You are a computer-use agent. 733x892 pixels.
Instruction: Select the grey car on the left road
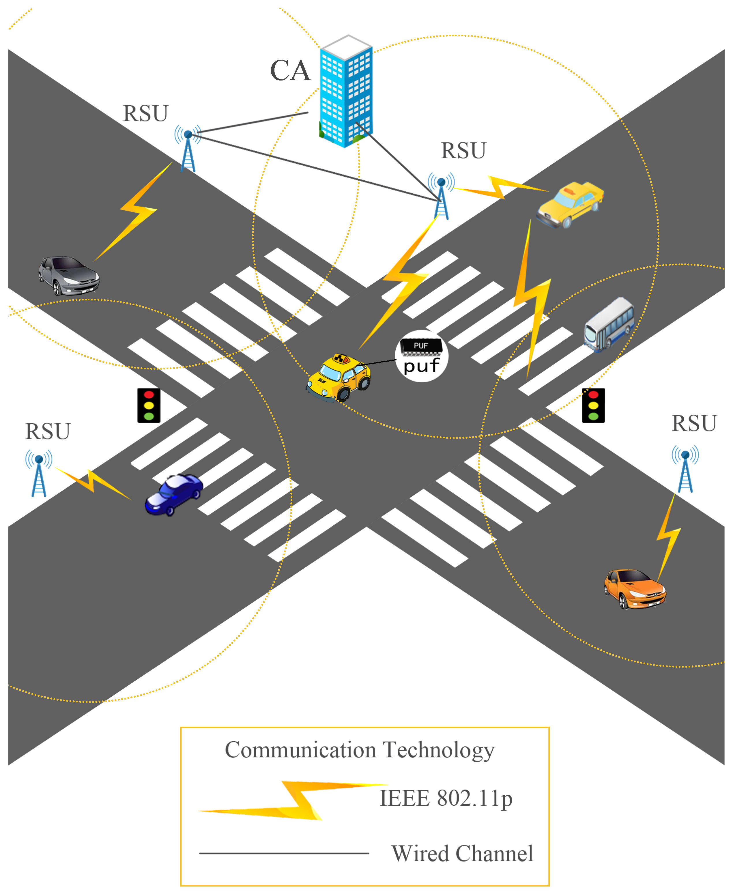(x=69, y=275)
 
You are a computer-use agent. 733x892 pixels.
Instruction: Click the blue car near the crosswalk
(x=173, y=494)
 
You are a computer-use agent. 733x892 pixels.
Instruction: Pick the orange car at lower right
(x=635, y=588)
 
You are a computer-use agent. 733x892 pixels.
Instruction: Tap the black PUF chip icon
(x=421, y=347)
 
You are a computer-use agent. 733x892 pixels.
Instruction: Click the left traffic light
(x=149, y=405)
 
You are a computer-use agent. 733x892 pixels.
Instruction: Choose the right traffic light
(x=593, y=405)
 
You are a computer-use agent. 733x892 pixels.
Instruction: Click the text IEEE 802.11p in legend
(x=446, y=798)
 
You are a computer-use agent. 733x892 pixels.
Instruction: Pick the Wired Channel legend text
(x=462, y=854)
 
